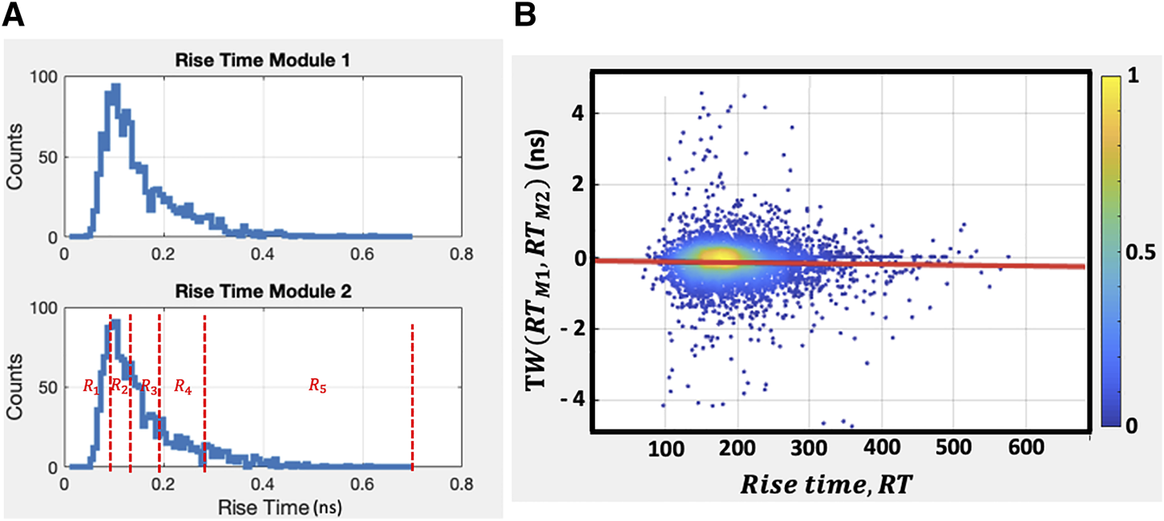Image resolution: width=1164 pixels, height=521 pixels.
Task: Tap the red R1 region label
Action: click(91, 386)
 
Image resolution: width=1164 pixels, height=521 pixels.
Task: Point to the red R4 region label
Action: click(183, 386)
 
